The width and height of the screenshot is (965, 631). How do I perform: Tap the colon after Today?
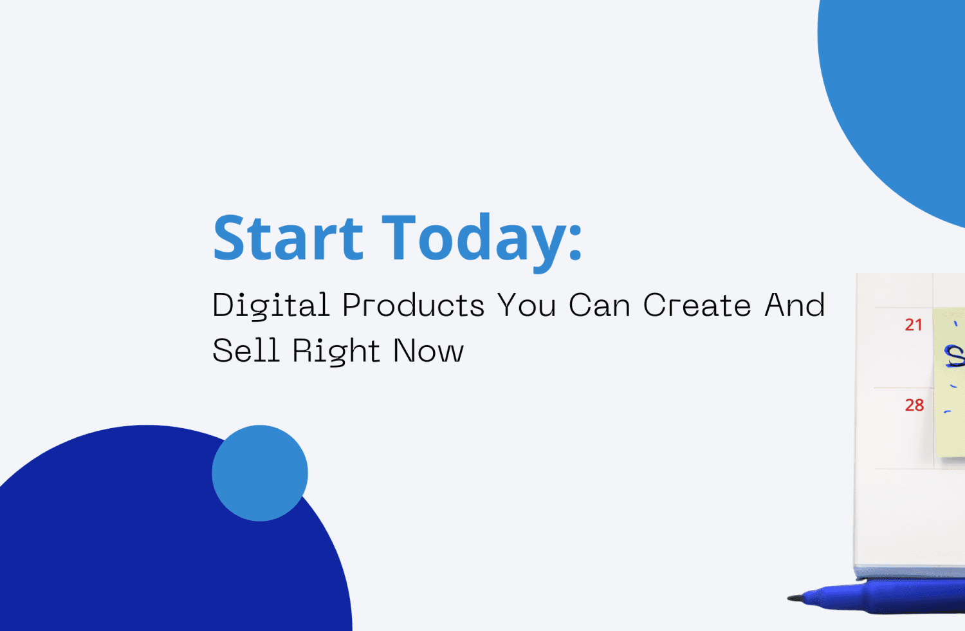click(x=575, y=240)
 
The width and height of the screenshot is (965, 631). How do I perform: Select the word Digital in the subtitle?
click(x=271, y=305)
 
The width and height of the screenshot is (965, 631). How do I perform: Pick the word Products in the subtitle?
click(x=413, y=305)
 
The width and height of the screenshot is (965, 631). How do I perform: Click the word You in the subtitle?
click(x=526, y=305)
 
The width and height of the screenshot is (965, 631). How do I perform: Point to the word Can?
click(x=600, y=305)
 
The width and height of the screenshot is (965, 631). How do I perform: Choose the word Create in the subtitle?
click(x=697, y=305)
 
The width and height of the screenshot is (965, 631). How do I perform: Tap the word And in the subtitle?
click(x=795, y=305)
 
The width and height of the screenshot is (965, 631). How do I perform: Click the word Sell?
click(x=246, y=351)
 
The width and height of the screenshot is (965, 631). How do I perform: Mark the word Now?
click(x=428, y=351)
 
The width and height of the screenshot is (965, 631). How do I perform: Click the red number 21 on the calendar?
click(x=914, y=325)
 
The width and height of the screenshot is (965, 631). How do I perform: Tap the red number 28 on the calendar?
click(x=914, y=405)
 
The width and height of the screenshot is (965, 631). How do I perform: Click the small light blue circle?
click(x=260, y=473)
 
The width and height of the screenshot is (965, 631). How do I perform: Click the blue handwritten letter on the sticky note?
click(x=953, y=355)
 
